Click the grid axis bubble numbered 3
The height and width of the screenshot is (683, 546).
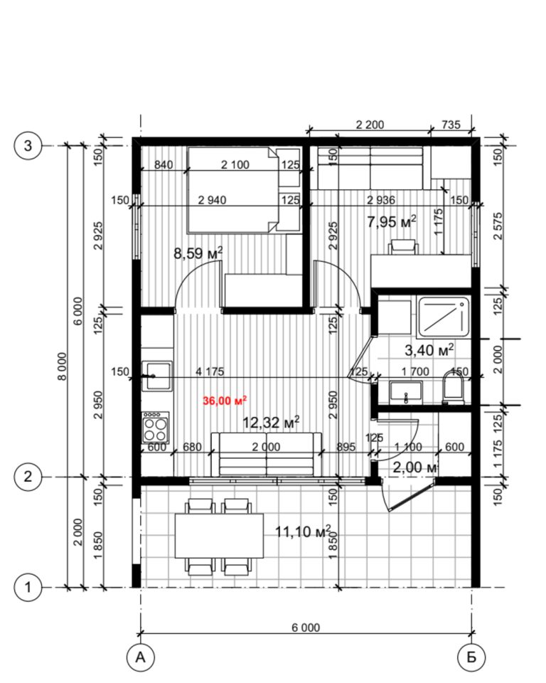coord(28,145)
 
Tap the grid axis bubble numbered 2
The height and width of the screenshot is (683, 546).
coord(28,477)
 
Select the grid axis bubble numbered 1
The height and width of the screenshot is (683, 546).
coord(28,587)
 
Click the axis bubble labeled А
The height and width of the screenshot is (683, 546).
coord(140,657)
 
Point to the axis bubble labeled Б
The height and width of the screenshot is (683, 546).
coord(471,657)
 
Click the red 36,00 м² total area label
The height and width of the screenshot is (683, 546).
coord(225,401)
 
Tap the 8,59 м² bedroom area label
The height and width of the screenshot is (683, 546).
coord(198,253)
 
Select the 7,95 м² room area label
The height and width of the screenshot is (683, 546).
coord(392,222)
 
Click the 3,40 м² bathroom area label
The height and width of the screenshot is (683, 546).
coord(429,349)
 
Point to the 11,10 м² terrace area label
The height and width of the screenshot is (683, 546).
coord(303,531)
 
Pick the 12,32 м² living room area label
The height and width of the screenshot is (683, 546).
coord(271,422)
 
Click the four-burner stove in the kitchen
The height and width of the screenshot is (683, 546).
coord(156,428)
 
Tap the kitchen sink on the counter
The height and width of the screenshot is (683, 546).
coord(156,376)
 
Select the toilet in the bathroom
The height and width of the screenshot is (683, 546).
coord(452,387)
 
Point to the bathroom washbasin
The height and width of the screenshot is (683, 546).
coord(406,391)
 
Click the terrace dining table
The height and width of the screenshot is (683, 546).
coord(220,536)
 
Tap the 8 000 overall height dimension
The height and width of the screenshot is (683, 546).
coord(63,366)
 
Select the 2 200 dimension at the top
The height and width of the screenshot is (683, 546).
coord(370,125)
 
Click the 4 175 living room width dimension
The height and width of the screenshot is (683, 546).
coord(210,371)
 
